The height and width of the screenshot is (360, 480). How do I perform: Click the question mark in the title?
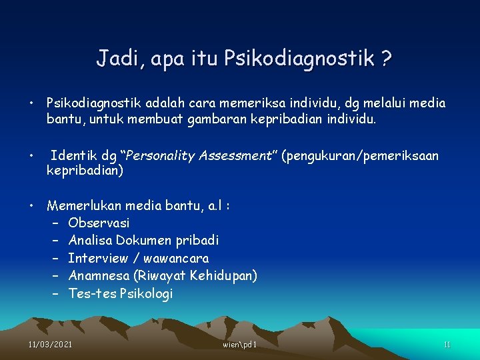[385, 59]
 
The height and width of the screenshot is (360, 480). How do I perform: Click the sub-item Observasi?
[99, 223]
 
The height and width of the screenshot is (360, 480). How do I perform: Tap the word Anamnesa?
[99, 275]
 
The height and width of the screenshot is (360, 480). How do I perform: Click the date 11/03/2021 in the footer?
[50, 345]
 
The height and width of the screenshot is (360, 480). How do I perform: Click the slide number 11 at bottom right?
[447, 345]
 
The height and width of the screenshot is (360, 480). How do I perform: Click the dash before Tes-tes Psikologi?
[55, 293]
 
